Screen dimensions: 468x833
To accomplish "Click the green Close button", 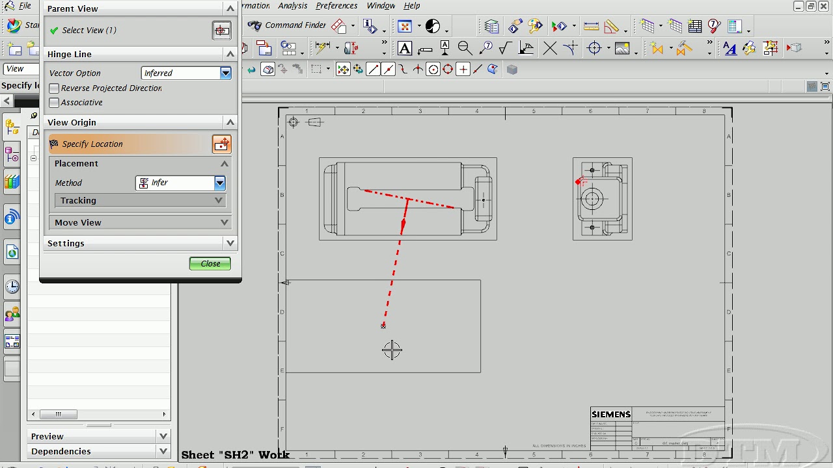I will (210, 263).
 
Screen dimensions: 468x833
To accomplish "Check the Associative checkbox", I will (54, 103).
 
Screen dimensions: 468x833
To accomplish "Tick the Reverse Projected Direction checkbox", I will (54, 88).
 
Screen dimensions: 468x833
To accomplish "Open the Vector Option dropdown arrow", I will (225, 73).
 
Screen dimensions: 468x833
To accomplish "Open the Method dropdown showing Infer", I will (219, 183).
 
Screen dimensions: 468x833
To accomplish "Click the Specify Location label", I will (92, 144).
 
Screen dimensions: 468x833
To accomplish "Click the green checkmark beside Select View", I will (54, 31).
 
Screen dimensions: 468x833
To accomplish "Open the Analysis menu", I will (292, 6).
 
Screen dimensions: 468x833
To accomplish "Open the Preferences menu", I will (336, 6).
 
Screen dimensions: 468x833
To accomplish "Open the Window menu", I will (381, 6).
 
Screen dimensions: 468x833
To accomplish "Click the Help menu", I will (412, 6).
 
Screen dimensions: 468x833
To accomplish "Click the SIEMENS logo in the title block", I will (610, 415).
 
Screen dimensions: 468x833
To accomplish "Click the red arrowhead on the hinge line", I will (403, 226).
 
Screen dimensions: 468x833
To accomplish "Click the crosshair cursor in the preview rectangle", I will (392, 350).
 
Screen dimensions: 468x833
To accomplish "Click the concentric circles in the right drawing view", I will (592, 199).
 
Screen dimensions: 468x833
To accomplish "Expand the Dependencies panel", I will (163, 451).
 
